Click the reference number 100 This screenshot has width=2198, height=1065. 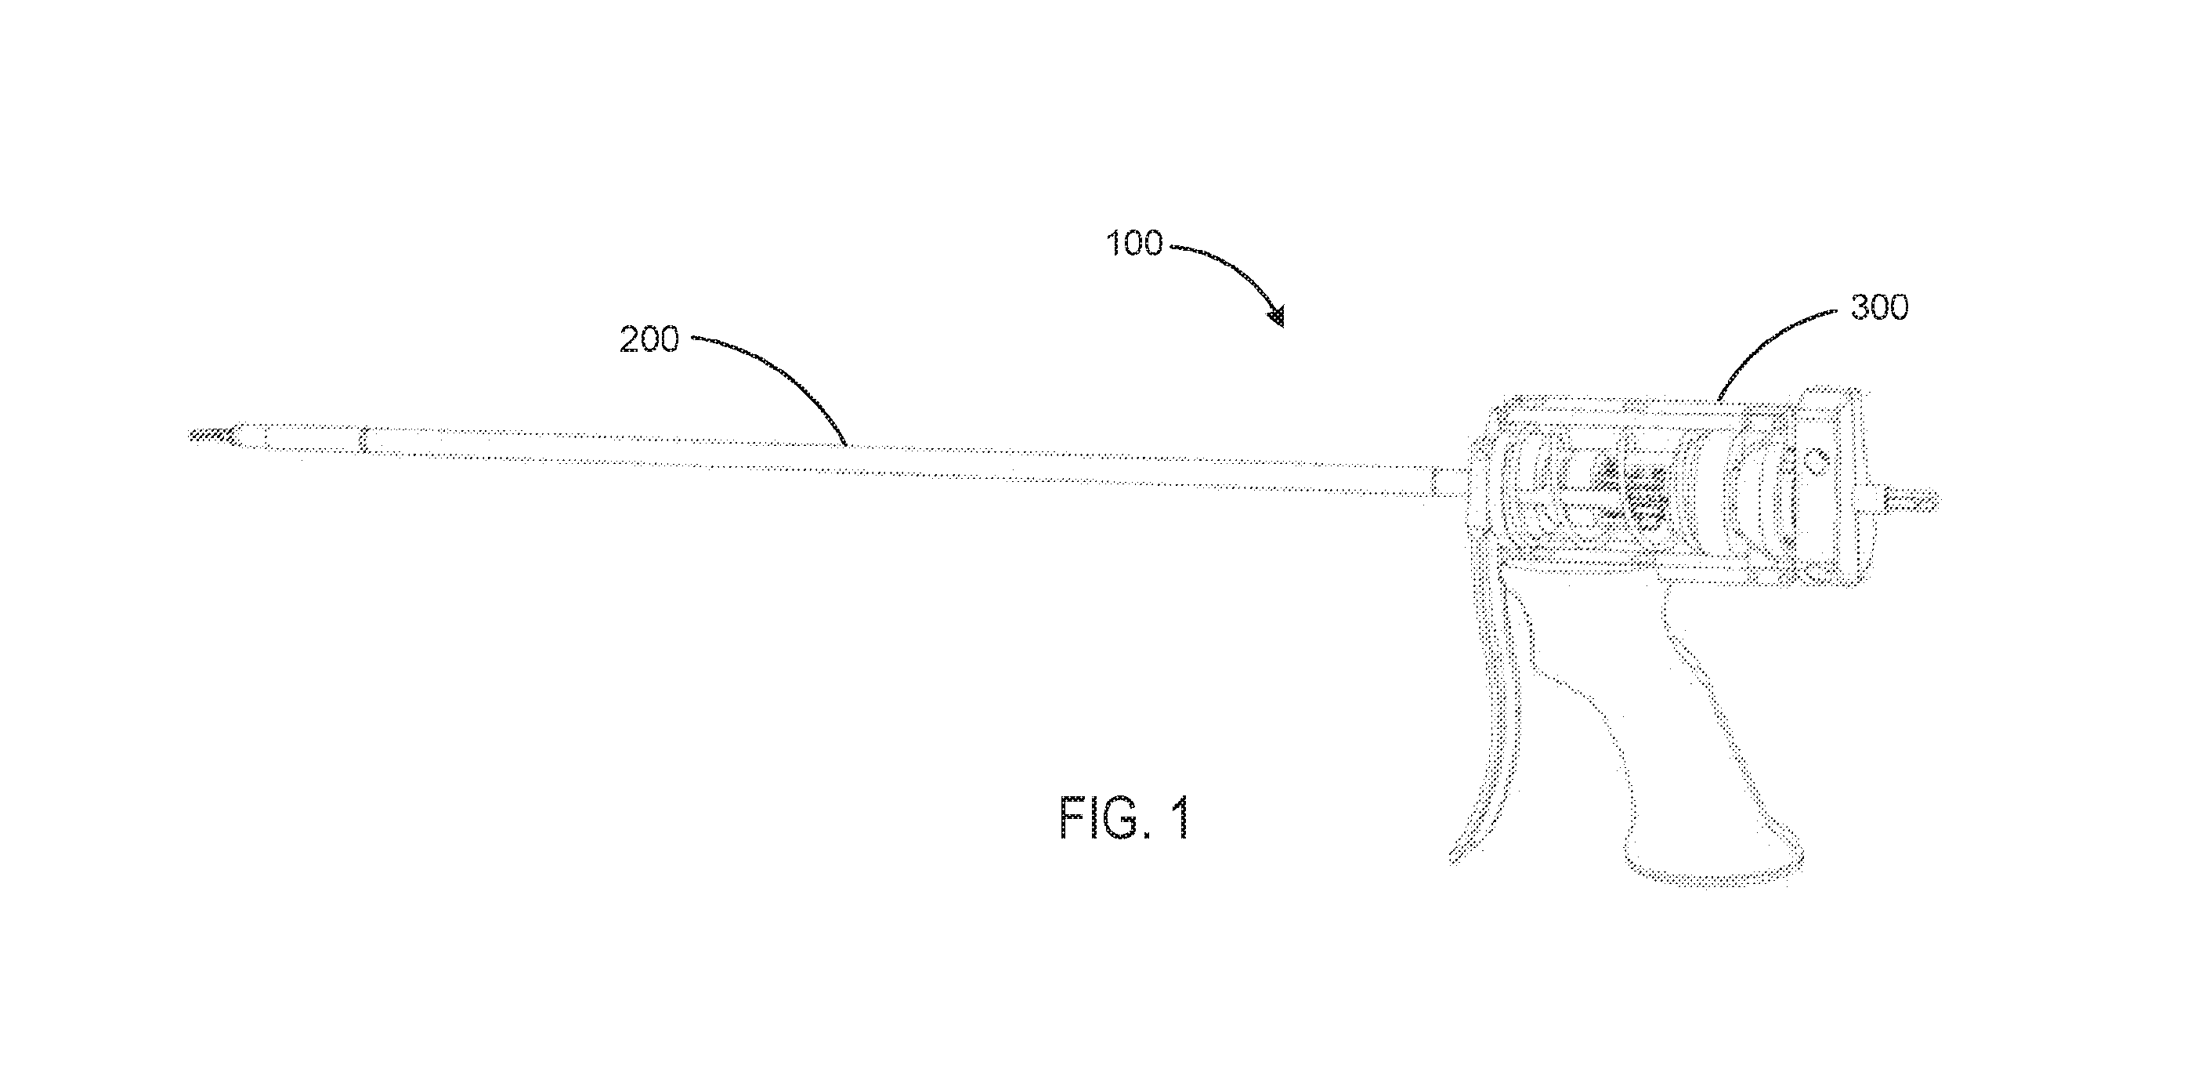point(1134,244)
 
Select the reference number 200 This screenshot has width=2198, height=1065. point(649,339)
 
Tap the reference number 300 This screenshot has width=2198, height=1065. point(1879,307)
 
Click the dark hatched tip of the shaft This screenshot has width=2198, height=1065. point(209,435)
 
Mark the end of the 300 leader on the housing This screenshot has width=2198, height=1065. point(1717,401)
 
